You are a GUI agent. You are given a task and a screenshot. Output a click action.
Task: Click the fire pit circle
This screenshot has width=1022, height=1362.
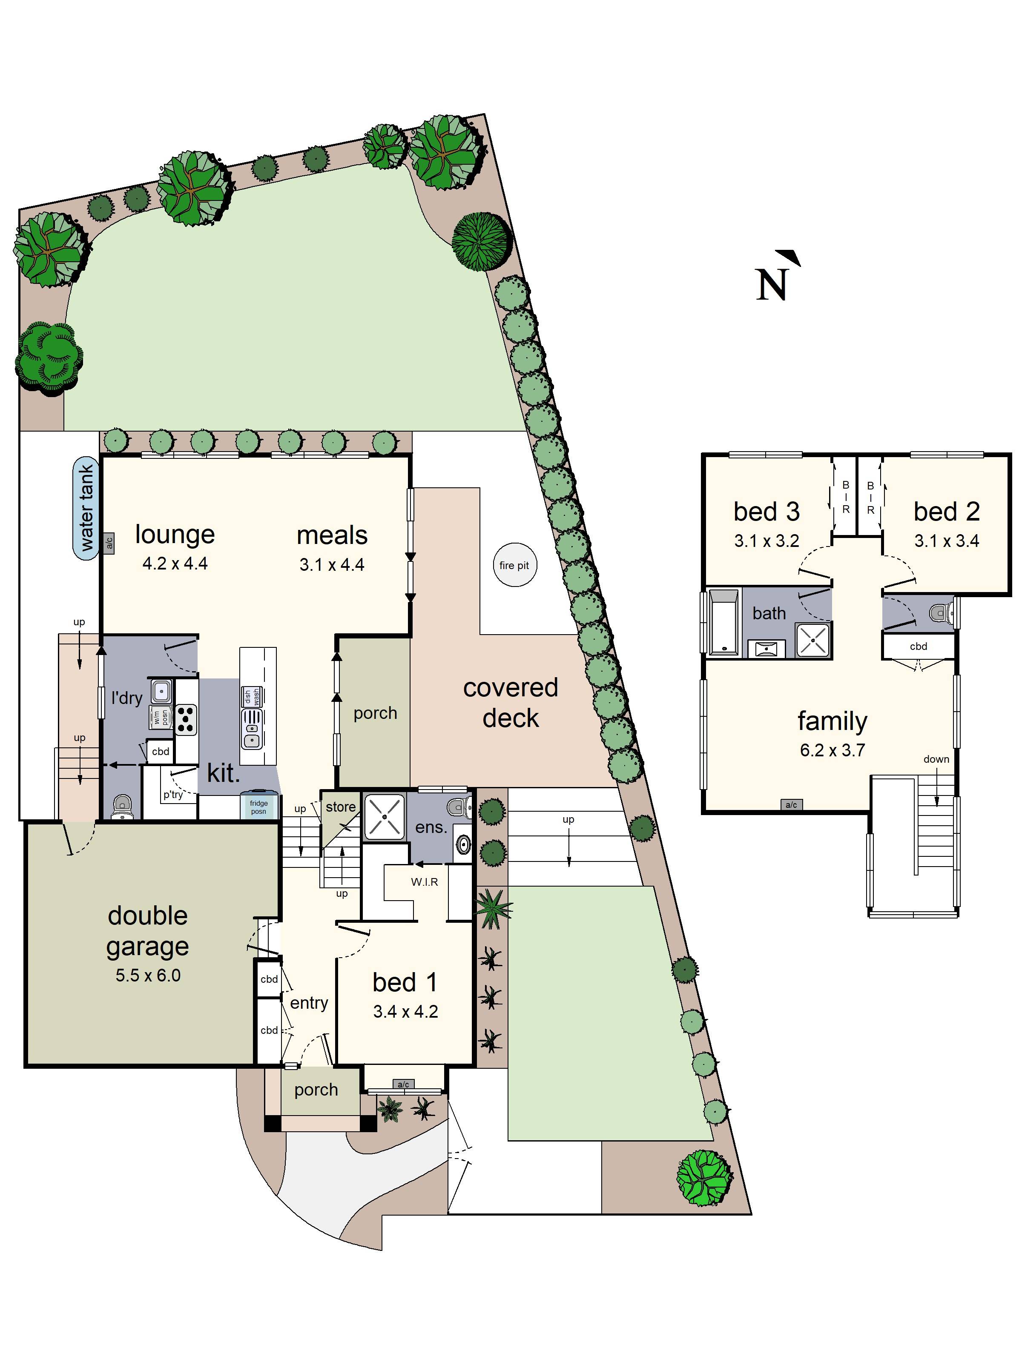[514, 565]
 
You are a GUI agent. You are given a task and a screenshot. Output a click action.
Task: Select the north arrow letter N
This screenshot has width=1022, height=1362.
[772, 284]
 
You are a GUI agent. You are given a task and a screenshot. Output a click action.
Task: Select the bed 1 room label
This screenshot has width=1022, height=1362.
[405, 982]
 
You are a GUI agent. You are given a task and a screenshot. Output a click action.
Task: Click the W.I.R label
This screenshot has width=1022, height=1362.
[425, 882]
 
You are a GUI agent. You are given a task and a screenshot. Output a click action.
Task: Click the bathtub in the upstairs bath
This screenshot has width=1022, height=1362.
[723, 622]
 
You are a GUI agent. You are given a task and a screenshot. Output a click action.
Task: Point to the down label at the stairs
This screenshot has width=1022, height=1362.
[936, 759]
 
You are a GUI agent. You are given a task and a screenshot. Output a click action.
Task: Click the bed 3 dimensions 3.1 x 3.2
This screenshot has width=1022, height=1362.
[766, 541]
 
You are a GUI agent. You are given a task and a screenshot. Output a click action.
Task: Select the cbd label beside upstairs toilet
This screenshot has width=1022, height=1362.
[918, 647]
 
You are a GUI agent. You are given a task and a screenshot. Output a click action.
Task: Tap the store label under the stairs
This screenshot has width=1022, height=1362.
[341, 807]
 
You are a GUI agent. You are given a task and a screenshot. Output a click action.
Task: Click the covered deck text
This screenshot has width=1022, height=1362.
[510, 703]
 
